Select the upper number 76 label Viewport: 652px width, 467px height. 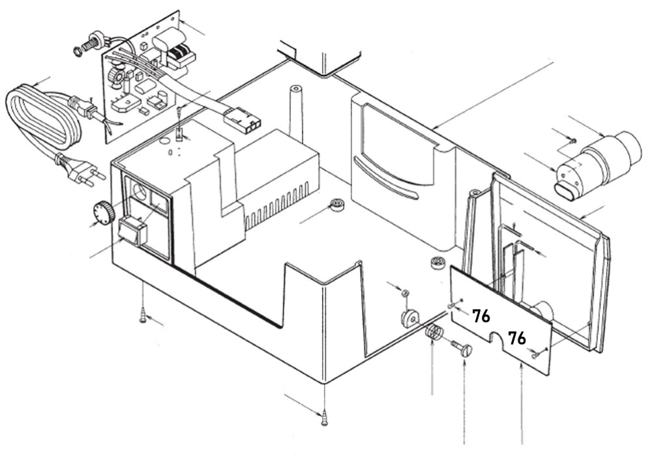coord(481,317)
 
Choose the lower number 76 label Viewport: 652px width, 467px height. coord(517,338)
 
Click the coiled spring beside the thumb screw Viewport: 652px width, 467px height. coord(434,333)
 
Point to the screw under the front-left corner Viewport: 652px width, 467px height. coord(142,317)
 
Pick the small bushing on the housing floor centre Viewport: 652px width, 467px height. coord(337,205)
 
